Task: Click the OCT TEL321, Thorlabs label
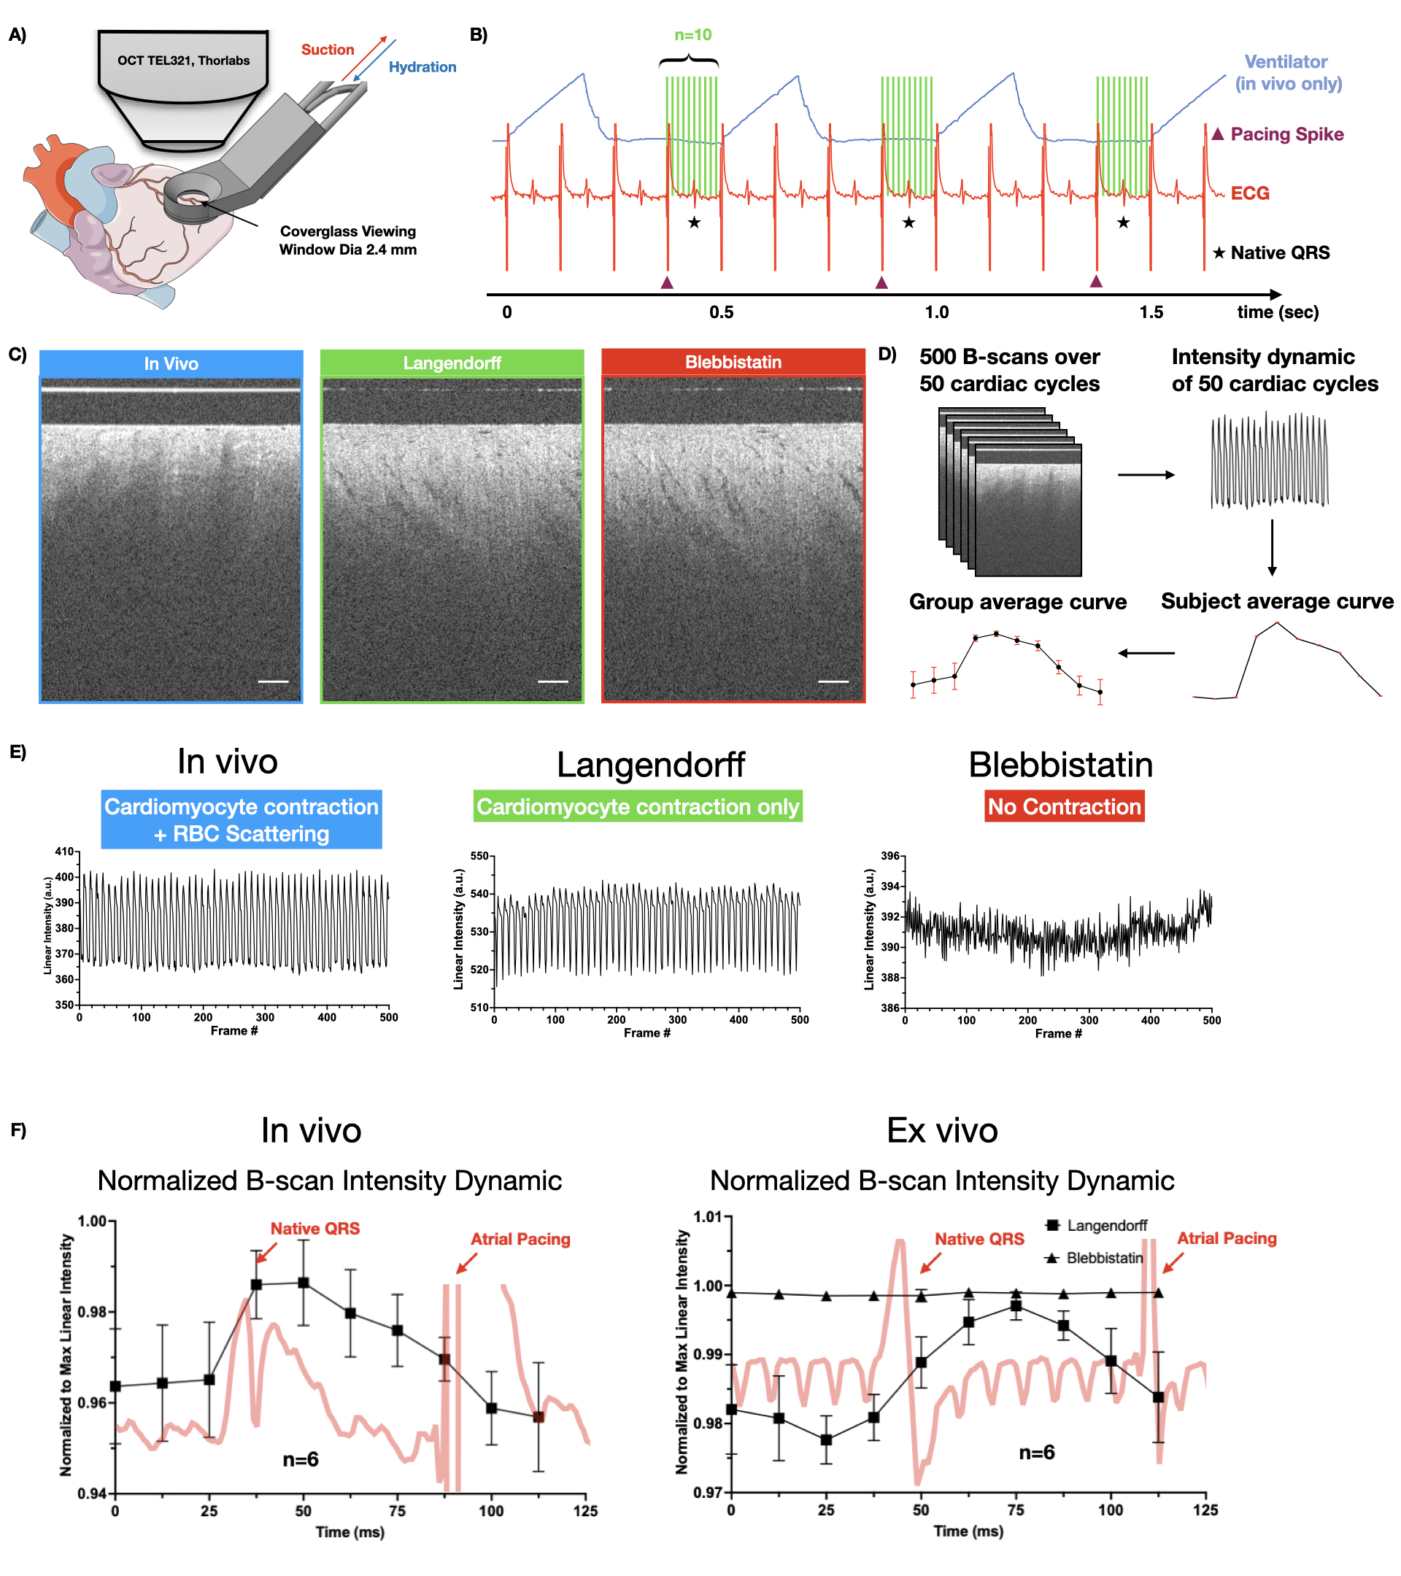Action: point(183,60)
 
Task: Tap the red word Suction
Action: point(328,50)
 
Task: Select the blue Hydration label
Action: point(422,67)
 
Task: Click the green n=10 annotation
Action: point(692,35)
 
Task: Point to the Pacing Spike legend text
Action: point(1286,134)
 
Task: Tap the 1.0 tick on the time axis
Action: point(936,312)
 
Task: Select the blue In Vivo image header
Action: point(171,363)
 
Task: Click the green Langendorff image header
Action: point(452,363)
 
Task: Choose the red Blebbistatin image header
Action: point(733,362)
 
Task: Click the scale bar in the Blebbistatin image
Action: point(833,681)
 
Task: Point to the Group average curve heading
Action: point(1017,601)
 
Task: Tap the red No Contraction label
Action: point(1064,806)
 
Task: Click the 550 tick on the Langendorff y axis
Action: point(479,856)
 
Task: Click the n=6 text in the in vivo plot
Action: point(300,1459)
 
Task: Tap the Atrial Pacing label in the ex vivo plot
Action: point(1226,1237)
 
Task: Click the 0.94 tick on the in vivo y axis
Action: point(92,1494)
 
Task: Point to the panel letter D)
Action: point(887,355)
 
